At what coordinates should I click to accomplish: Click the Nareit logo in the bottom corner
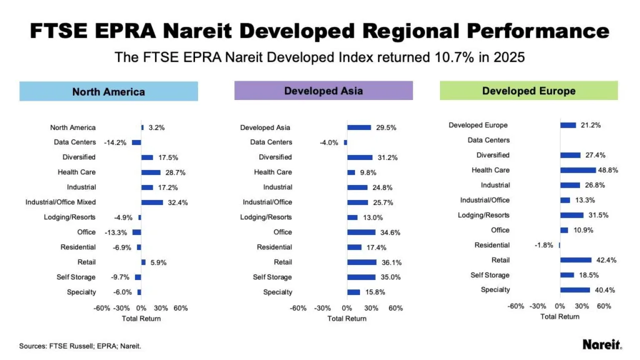pyautogui.click(x=602, y=344)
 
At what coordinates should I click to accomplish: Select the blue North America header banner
pyautogui.click(x=109, y=92)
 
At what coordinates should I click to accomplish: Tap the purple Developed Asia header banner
pyautogui.click(x=323, y=91)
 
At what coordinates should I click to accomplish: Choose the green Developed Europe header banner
pyautogui.click(x=528, y=91)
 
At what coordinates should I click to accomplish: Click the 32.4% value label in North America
pyautogui.click(x=177, y=202)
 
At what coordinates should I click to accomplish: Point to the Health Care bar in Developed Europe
pyautogui.click(x=578, y=170)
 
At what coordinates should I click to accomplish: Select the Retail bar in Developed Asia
pyautogui.click(x=362, y=262)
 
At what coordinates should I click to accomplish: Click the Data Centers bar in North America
pyautogui.click(x=136, y=142)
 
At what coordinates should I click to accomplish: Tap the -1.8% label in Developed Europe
pyautogui.click(x=544, y=245)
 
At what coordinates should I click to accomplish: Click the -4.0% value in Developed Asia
pyautogui.click(x=329, y=142)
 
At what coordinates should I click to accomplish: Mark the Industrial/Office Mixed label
pyautogui.click(x=61, y=202)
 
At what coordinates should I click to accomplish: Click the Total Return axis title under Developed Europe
pyautogui.click(x=559, y=316)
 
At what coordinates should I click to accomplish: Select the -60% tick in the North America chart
pyautogui.click(x=102, y=308)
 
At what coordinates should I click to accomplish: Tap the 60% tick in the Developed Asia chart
pyautogui.click(x=395, y=308)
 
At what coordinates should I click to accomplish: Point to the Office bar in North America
pyautogui.click(x=137, y=232)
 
